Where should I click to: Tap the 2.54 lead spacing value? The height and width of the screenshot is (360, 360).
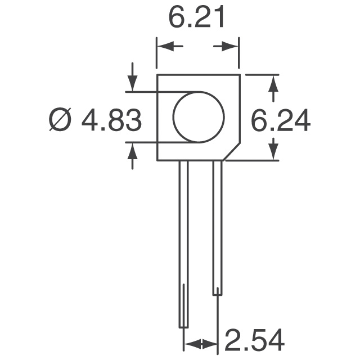click(x=255, y=341)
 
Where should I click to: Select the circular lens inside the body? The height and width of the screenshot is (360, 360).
click(x=198, y=117)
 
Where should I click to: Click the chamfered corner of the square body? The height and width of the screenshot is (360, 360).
click(x=232, y=151)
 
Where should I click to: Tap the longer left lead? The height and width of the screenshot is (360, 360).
click(x=183, y=242)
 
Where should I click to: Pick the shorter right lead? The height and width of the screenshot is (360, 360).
click(x=217, y=225)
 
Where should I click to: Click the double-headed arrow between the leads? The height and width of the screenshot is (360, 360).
click(x=200, y=343)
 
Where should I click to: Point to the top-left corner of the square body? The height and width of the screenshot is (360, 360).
click(x=157, y=75)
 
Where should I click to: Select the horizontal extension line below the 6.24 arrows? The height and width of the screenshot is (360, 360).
click(x=253, y=160)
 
